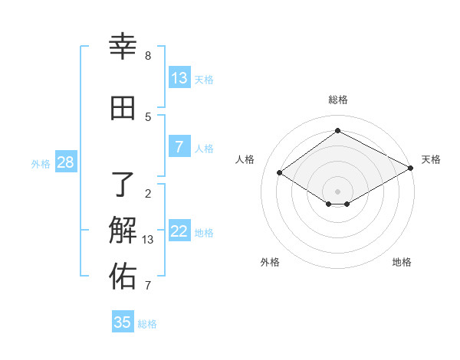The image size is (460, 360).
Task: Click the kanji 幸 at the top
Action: [x=123, y=47]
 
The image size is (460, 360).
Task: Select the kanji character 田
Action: [x=123, y=108]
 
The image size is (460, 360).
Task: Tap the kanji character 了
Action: [x=123, y=183]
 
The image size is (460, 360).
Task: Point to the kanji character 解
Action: [x=123, y=230]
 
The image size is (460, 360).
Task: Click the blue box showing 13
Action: [x=179, y=78]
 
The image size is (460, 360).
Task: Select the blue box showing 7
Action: [x=179, y=147]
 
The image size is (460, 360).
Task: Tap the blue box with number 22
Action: [x=179, y=231]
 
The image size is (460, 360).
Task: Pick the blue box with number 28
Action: [x=65, y=162]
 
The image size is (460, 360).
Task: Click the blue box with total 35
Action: [x=123, y=322]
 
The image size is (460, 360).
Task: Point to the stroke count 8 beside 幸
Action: [x=148, y=56]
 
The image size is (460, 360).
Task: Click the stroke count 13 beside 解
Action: [x=149, y=240]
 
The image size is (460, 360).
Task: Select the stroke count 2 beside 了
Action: [x=148, y=193]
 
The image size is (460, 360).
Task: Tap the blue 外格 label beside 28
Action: [x=41, y=163]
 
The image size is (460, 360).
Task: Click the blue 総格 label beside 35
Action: [x=147, y=324]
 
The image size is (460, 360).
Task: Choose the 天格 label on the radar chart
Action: [x=431, y=159]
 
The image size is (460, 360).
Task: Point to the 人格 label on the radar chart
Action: [x=245, y=159]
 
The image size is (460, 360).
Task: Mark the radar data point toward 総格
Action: [x=337, y=130]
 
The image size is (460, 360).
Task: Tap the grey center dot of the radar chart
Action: [x=337, y=191]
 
